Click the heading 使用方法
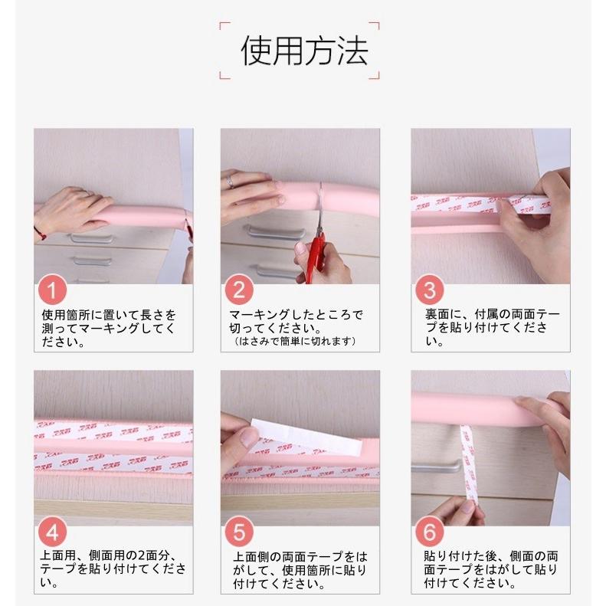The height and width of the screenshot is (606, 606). click(304, 51)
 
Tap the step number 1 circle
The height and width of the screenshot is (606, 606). click(53, 290)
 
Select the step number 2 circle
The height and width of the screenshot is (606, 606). click(239, 290)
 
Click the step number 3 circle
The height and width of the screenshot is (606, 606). click(430, 290)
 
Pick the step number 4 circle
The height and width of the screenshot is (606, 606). click(53, 532)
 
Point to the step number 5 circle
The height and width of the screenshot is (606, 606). click(239, 532)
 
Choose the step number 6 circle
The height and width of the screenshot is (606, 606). click(430, 532)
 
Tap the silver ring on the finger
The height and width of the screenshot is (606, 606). click(230, 181)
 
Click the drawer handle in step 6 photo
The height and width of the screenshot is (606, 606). click(437, 467)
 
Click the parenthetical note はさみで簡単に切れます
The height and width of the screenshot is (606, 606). click(294, 341)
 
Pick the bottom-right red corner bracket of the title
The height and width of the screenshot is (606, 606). click(375, 76)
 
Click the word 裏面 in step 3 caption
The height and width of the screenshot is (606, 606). click(437, 314)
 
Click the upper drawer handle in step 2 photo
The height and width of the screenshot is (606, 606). click(275, 232)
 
